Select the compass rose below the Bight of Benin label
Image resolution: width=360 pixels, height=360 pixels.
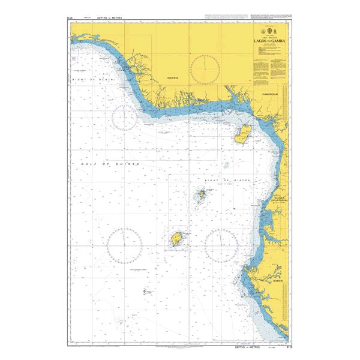tap(124, 121)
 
